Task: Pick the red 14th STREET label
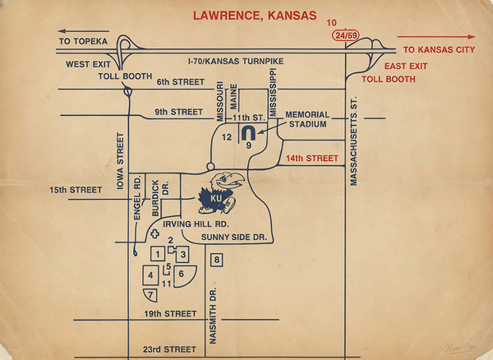(311, 158)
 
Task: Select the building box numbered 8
(217, 261)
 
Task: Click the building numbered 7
(150, 294)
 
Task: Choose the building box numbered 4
(150, 275)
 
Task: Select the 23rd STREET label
(169, 349)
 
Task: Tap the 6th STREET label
(179, 81)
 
